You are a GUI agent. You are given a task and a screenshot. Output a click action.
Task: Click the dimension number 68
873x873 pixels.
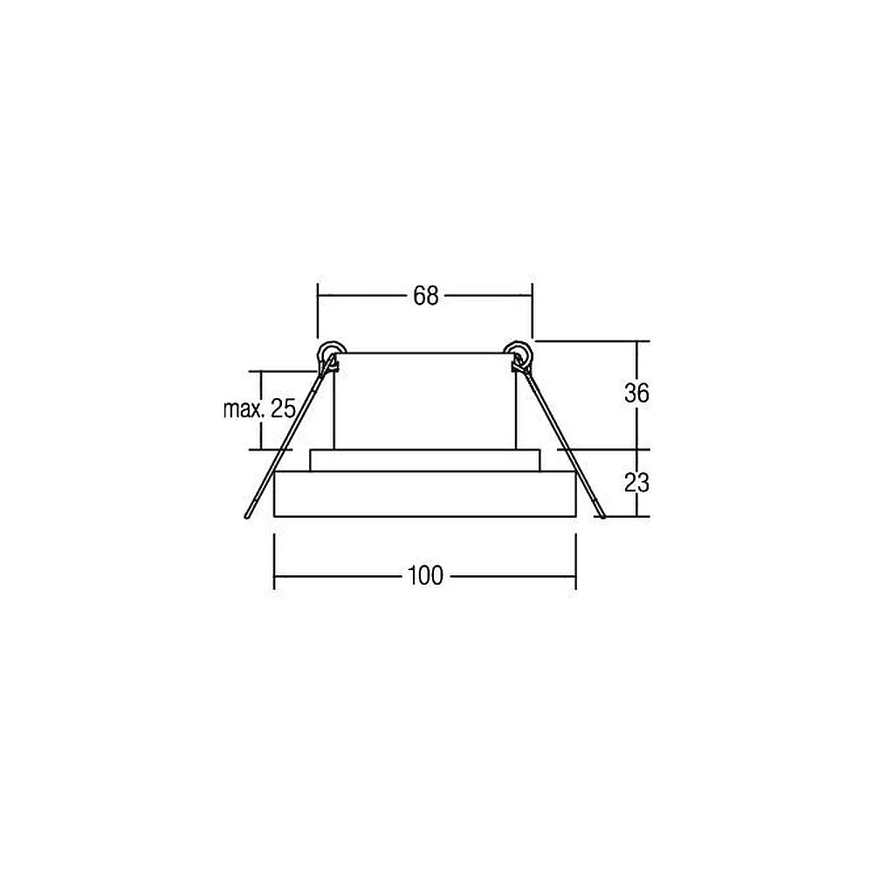426,296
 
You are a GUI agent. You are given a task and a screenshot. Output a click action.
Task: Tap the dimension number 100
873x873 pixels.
426,575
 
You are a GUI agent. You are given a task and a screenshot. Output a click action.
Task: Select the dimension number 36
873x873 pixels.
636,394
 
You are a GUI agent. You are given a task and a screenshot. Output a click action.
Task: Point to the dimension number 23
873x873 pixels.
636,484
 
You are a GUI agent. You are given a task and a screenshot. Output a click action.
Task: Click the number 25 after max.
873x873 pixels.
283,409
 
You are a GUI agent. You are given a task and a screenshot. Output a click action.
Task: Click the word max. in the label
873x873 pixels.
244,409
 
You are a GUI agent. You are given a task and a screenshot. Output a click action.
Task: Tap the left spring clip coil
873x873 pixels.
329,354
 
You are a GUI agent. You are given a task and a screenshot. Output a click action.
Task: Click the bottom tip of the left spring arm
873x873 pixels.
247,517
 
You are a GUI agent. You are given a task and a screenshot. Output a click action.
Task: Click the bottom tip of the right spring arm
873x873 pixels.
602,516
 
